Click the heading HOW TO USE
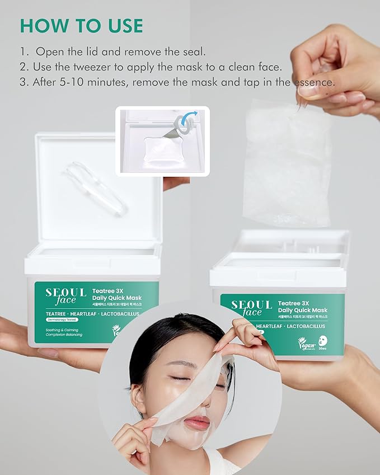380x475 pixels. coord(82,25)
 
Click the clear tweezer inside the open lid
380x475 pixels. coord(95,187)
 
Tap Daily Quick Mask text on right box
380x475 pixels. coord(305,310)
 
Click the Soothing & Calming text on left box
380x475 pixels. coord(62,330)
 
